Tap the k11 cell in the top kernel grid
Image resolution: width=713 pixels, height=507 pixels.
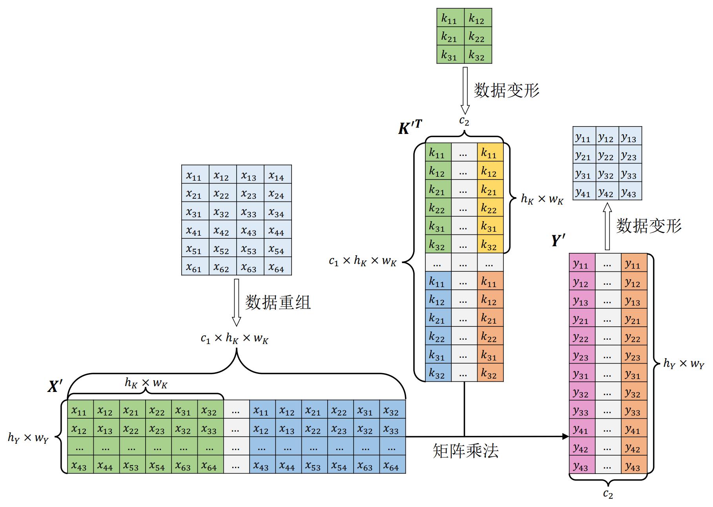(x=450, y=18)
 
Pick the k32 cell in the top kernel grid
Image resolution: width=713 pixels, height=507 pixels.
(x=478, y=55)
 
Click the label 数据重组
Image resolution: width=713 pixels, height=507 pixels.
(x=278, y=302)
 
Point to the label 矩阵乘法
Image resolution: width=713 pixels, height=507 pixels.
(x=465, y=451)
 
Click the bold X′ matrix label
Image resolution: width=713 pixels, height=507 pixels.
(x=55, y=386)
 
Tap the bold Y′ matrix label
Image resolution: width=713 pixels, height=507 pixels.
(x=558, y=240)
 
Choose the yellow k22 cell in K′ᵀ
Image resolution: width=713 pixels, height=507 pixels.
(x=490, y=208)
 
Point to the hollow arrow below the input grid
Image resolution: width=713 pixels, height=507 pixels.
(x=236, y=302)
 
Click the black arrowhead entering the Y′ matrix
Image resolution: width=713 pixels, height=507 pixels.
(x=565, y=436)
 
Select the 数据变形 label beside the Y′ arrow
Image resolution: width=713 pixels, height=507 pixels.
(x=649, y=226)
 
